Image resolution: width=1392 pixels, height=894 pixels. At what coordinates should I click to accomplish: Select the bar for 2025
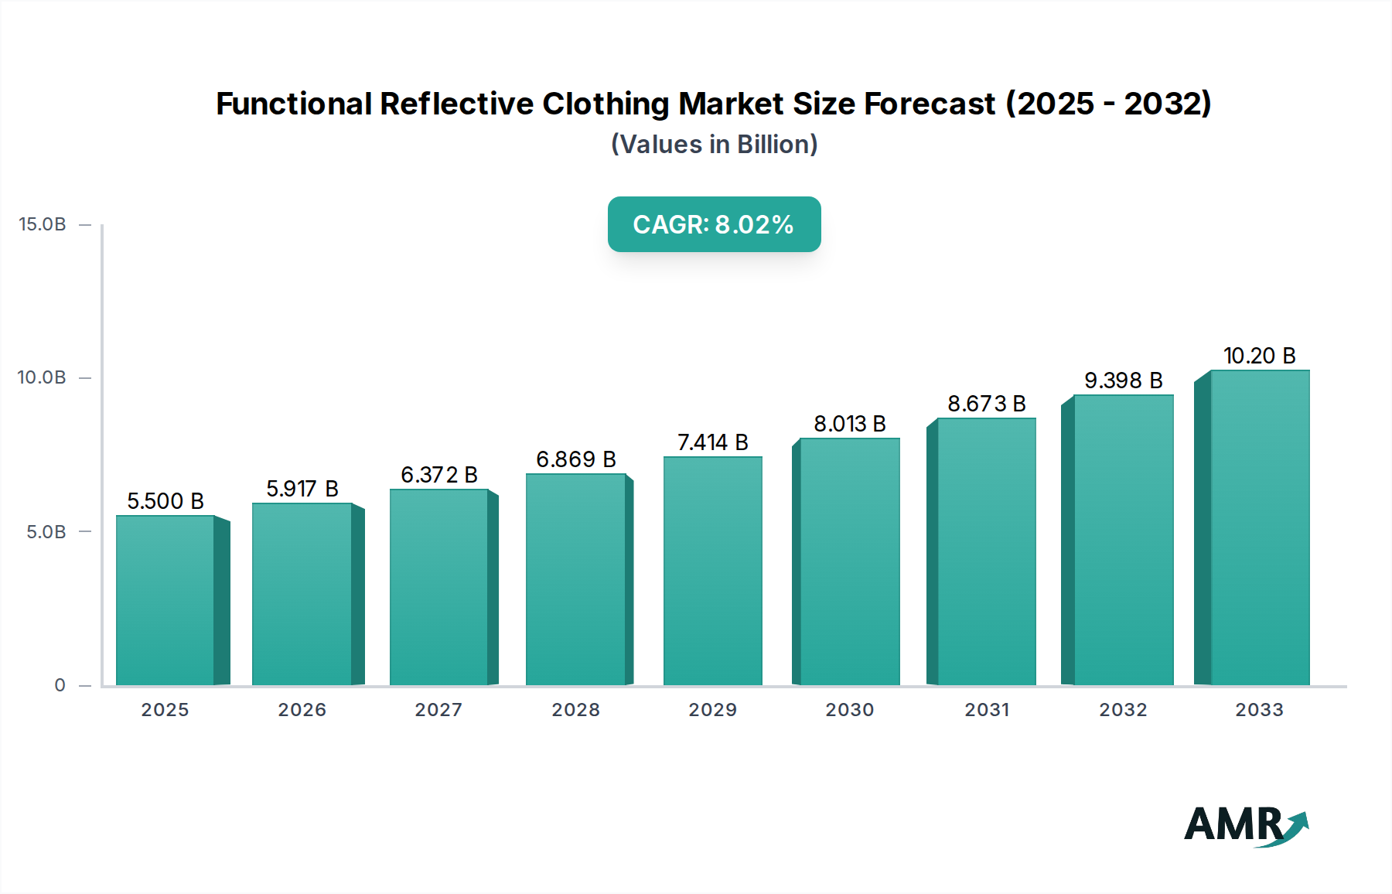165,600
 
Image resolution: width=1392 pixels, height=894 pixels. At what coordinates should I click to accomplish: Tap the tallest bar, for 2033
1259,527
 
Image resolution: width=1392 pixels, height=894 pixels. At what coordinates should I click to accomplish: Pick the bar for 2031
986,551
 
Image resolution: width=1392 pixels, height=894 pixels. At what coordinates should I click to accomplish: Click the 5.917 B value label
302,489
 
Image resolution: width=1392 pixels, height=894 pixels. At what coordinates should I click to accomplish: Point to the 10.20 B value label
1259,356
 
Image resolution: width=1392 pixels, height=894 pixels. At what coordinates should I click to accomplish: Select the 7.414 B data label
712,442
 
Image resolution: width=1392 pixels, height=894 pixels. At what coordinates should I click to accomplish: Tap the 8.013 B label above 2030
849,424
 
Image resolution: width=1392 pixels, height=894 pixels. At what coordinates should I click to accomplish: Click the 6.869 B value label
576,459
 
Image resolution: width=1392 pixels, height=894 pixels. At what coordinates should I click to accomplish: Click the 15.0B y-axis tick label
43,224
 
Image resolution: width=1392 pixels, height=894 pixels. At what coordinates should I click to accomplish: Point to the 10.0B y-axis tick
43,377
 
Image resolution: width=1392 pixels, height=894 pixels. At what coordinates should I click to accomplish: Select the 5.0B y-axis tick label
46,532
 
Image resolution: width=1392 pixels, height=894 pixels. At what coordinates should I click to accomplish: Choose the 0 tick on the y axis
60,685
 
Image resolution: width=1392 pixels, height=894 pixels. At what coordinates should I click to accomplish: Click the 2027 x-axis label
438,710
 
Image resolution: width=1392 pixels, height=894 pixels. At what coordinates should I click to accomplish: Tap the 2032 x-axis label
1123,710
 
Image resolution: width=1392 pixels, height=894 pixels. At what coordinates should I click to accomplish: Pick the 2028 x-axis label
575,710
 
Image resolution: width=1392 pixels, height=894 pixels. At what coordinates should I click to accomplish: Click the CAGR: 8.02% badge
714,224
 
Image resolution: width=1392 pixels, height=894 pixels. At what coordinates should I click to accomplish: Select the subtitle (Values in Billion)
714,145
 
